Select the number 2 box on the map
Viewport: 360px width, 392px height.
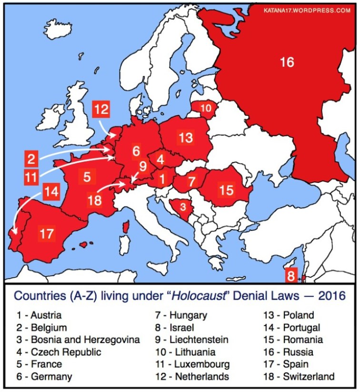click(31, 158)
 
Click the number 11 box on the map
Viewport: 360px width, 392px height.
click(31, 178)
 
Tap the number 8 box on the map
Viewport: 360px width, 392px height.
click(290, 276)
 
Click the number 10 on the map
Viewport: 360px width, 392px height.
click(205, 108)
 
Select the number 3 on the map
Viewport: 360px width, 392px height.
click(182, 206)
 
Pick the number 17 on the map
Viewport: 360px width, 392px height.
click(46, 234)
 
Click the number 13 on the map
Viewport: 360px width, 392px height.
click(186, 138)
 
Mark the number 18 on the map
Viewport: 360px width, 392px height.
click(95, 200)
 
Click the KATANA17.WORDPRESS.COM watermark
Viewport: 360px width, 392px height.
click(307, 10)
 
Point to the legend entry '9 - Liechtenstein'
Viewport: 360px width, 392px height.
click(191, 340)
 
